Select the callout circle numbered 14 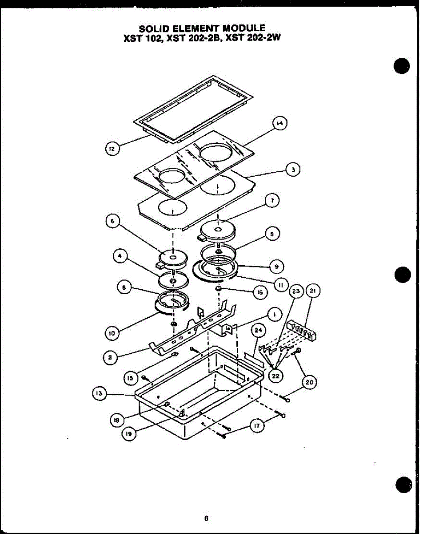(280, 124)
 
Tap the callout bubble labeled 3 (293, 169)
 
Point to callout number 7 (271, 201)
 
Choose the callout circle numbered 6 (113, 221)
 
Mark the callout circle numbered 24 (258, 330)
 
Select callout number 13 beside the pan (99, 393)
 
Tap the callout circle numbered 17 (256, 426)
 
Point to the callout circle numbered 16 (272, 292)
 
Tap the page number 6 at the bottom (207, 518)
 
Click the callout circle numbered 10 (113, 332)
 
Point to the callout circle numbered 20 (309, 382)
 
